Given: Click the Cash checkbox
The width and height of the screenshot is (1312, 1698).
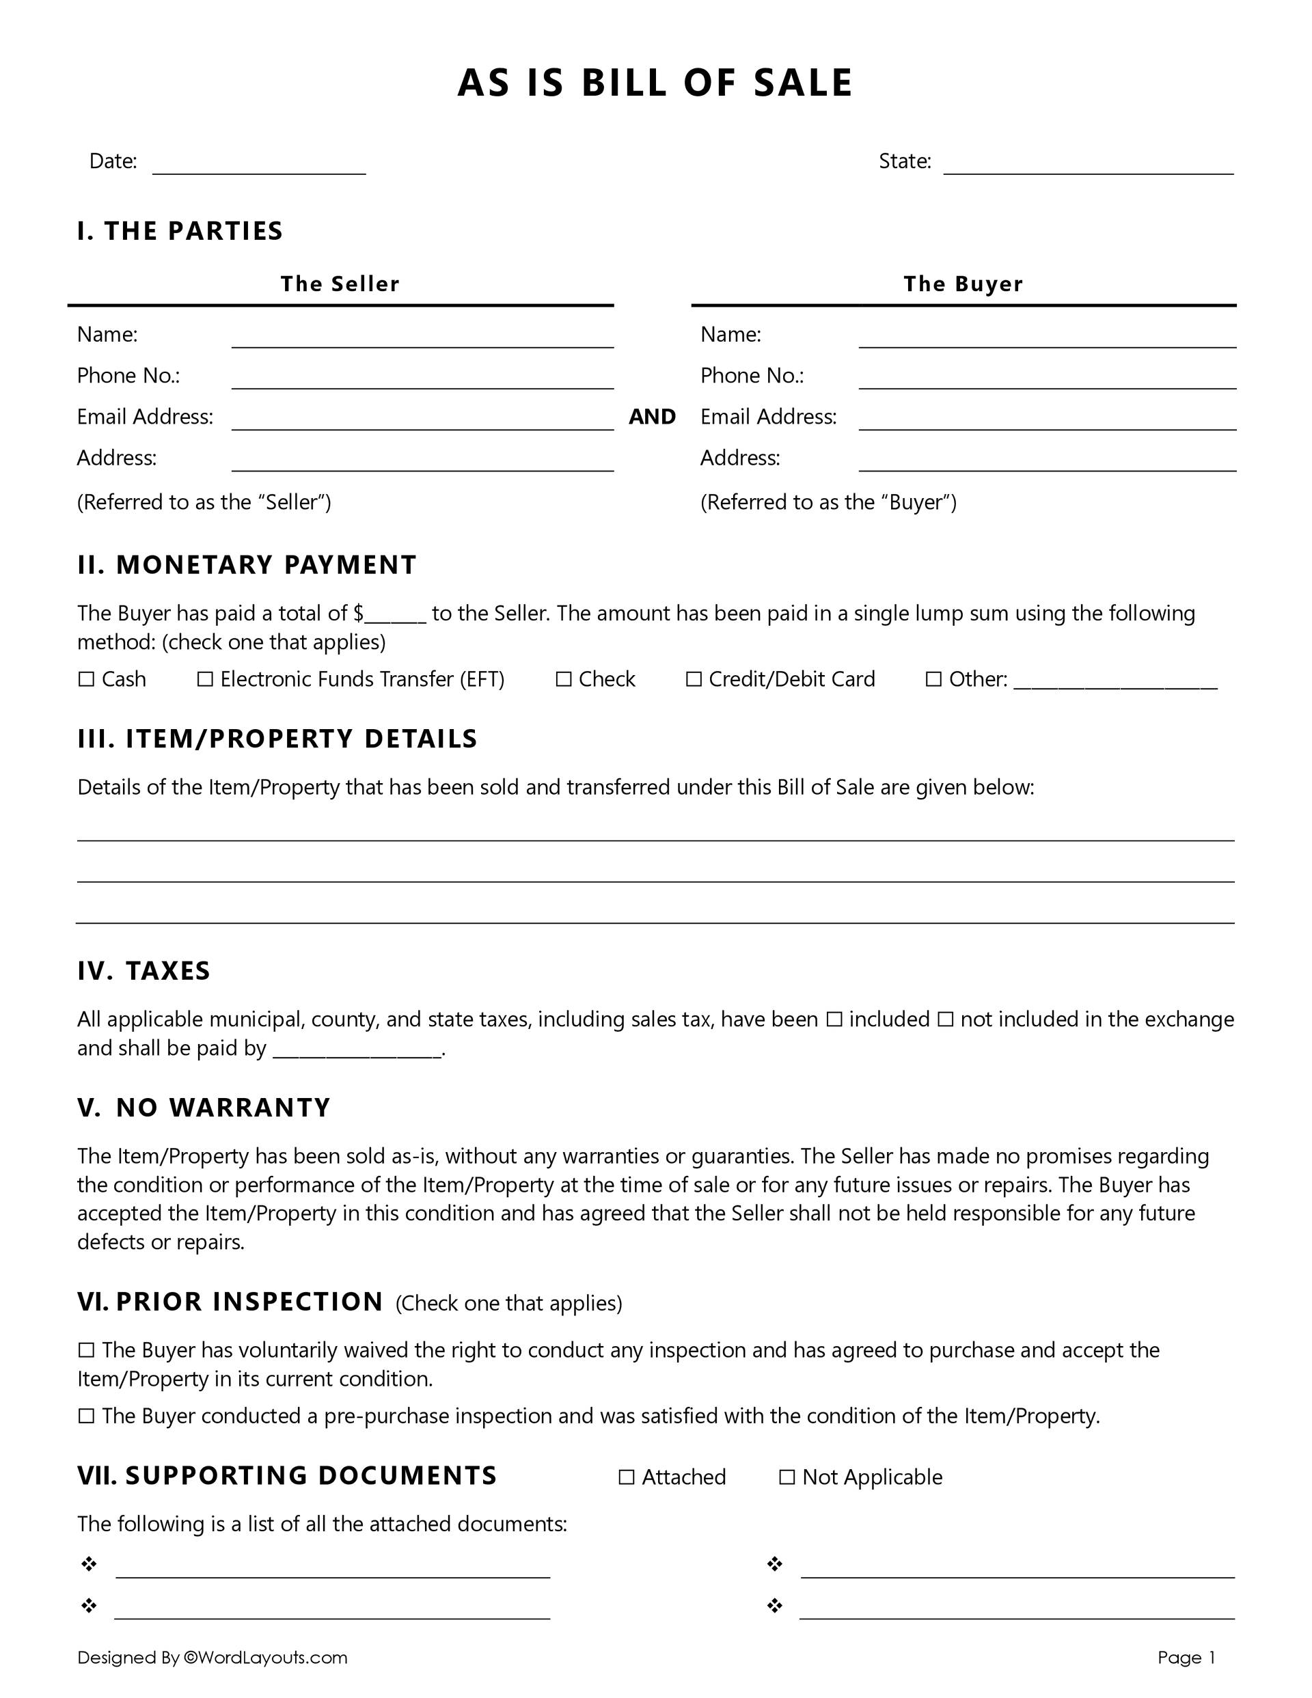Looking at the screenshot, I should (85, 679).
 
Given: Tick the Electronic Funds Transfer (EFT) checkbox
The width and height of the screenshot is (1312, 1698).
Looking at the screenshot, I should (204, 679).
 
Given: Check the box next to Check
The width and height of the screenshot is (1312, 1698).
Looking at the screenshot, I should (563, 679).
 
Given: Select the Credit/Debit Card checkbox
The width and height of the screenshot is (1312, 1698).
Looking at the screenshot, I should (693, 679).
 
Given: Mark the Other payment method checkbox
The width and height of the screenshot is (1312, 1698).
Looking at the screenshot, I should (933, 679).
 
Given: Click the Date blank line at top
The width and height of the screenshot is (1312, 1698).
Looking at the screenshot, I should (259, 165).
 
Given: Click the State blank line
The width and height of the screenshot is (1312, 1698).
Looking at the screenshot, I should (1088, 165).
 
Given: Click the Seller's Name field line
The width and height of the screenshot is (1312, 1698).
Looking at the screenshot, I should (422, 338).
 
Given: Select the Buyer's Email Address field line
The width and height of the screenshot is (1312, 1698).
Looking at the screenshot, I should (1047, 421).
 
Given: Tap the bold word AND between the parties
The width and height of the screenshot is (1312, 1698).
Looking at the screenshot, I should (652, 417).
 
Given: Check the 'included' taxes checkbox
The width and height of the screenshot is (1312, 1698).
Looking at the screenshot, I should (834, 1019).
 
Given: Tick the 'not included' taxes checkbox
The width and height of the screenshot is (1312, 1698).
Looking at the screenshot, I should (945, 1019).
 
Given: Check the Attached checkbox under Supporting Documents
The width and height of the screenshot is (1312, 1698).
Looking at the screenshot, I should (626, 1477).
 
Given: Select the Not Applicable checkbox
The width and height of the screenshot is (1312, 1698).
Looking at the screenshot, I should (787, 1477).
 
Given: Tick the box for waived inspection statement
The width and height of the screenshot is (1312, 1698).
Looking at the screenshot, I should (85, 1350).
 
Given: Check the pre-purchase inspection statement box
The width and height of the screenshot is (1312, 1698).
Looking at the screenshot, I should (85, 1416).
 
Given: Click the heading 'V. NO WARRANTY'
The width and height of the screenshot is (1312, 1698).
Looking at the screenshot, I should (204, 1107).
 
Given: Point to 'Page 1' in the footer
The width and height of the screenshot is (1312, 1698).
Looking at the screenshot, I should (1186, 1658).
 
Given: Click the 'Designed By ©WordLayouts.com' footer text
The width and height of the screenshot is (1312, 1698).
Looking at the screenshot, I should (213, 1658).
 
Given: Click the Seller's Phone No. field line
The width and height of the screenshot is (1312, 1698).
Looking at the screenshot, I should (422, 379).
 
